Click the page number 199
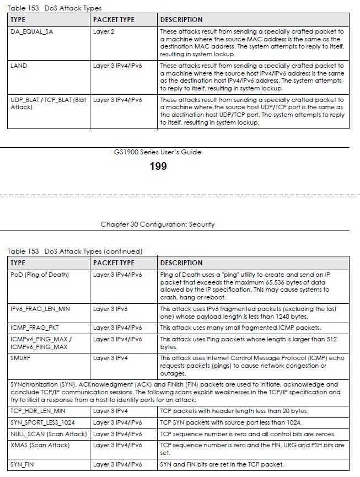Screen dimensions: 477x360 (158, 166)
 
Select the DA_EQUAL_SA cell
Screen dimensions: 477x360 (32, 31)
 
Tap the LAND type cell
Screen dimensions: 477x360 (19, 66)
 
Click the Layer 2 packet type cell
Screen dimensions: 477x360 (104, 31)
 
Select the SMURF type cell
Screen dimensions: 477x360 (22, 358)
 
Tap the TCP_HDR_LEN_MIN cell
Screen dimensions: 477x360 (38, 411)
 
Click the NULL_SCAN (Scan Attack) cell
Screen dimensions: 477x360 (49, 434)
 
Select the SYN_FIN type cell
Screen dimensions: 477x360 (23, 464)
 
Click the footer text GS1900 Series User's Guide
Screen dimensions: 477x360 (158, 152)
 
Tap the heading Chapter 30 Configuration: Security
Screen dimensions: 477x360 (158, 224)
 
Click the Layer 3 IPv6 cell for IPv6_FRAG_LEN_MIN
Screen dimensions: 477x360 (110, 309)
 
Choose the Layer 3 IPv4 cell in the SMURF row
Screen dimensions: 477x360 (110, 358)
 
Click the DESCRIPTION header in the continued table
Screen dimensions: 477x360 (181, 262)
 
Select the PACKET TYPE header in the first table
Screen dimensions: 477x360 (114, 20)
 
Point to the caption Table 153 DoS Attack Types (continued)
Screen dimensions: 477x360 (74, 251)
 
